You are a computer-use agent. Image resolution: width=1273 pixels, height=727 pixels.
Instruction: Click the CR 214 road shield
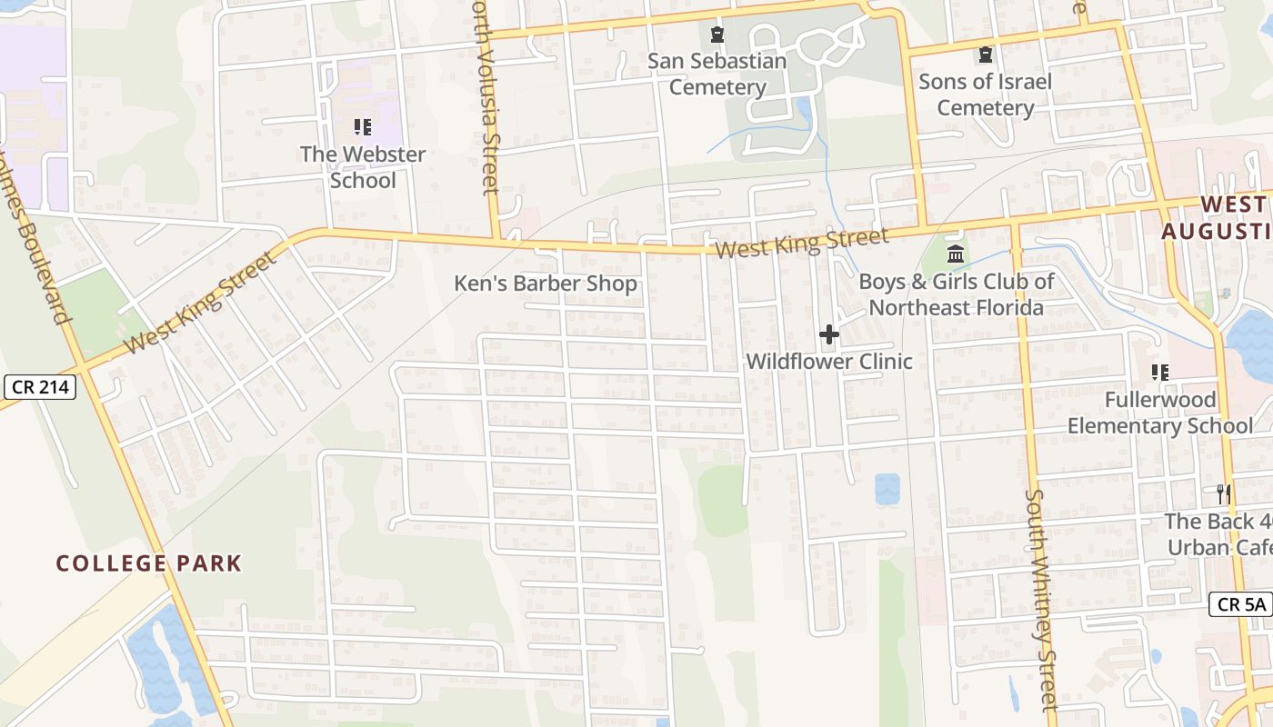coord(39,386)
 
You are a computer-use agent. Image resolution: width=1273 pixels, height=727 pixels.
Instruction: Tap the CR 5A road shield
coord(1240,603)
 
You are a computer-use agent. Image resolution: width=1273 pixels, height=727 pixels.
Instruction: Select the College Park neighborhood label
coord(149,563)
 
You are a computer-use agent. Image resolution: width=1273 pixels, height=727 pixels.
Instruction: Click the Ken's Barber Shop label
coord(546,284)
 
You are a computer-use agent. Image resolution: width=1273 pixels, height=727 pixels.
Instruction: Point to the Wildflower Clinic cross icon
coord(828,334)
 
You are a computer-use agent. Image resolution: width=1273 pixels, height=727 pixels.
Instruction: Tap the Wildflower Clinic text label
coord(828,362)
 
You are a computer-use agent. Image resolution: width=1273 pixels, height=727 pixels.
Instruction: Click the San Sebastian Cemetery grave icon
coord(717,35)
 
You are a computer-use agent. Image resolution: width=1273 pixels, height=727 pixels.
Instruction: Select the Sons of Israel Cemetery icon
coord(986,55)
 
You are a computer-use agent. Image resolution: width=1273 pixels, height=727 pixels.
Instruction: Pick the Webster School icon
coord(363,127)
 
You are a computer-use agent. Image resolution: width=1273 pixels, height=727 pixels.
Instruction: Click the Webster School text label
coord(363,167)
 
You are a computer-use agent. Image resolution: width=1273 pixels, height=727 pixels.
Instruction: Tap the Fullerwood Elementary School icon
coord(1159,372)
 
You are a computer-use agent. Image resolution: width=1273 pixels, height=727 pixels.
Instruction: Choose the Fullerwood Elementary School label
coord(1159,413)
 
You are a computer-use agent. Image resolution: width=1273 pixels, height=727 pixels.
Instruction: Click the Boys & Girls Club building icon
coord(955,254)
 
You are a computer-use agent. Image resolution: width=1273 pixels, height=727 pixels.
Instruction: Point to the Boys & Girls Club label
coord(956,294)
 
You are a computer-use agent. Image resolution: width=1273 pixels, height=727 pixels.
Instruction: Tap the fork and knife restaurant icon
coord(1224,494)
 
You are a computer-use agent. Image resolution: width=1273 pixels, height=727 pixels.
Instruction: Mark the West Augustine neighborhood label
coord(1218,217)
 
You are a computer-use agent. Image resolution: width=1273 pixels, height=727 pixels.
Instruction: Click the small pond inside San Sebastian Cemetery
coord(804,110)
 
